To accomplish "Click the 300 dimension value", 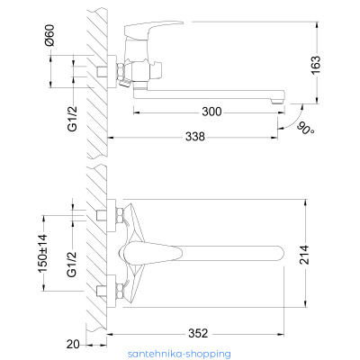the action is point(211,112).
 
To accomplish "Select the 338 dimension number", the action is point(195,137).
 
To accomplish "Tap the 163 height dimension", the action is point(316,65).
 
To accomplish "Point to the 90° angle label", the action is point(305,128).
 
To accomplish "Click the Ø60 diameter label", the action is point(49,35).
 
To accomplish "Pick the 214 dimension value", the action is point(304,255).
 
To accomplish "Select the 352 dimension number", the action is point(198,333).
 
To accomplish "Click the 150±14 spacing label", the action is point(43,253).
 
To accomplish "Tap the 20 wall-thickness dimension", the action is point(73,344).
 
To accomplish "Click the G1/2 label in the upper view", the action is point(72,119).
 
